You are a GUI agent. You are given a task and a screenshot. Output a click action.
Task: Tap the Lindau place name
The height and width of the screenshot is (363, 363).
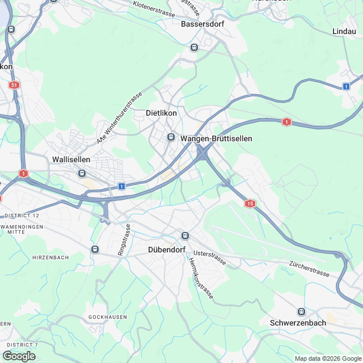pos(344,31)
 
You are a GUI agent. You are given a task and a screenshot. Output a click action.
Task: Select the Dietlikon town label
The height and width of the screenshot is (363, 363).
pos(162,113)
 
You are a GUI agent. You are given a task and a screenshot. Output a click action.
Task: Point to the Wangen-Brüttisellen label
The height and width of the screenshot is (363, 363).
pos(216,138)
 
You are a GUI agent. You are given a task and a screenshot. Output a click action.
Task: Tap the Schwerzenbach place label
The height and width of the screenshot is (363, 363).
pos(298,323)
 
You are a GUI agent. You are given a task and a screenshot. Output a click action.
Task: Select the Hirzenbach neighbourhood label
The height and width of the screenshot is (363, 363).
pos(50,258)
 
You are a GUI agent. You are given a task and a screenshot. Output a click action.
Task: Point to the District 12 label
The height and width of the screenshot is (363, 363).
pos(21,216)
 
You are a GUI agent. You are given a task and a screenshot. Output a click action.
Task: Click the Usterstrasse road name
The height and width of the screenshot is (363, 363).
pos(210,258)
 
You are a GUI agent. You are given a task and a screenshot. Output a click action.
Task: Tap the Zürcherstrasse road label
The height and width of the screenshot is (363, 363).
pos(309,269)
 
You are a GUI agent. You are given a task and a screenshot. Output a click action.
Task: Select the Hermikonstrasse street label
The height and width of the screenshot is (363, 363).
pos(200,278)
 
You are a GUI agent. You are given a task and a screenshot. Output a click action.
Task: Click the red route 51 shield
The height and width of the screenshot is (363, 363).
pos(14,85)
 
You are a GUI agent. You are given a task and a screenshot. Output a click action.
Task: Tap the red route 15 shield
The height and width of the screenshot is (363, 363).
pos(250,203)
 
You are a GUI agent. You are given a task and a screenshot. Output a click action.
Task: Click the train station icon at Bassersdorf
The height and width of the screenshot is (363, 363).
pos(195,47)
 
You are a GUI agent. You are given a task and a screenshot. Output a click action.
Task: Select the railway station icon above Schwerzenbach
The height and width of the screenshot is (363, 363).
pos(301,311)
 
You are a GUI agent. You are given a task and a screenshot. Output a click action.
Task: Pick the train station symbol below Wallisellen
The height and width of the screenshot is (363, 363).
pos(83,173)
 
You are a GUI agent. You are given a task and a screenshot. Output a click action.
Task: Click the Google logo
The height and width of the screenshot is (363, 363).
pos(19,356)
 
